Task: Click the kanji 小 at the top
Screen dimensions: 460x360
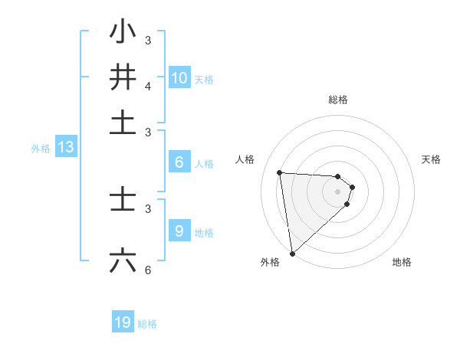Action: point(123,33)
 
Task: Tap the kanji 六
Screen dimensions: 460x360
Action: point(123,260)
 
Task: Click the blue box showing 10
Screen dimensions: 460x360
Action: point(179,78)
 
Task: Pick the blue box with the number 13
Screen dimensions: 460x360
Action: point(65,148)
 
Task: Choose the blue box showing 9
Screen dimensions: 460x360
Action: point(179,231)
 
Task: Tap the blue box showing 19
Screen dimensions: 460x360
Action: point(123,322)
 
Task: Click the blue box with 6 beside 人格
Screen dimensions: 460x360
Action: point(179,162)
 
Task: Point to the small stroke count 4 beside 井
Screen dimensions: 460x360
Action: point(149,87)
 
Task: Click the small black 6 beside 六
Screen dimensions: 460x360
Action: point(149,270)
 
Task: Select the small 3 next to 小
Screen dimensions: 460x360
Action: point(149,40)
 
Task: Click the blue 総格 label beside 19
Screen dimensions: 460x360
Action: point(147,324)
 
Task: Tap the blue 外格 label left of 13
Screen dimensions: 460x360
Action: point(41,149)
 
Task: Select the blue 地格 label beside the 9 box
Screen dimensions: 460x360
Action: point(204,233)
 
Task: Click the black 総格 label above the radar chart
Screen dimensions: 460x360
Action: point(338,100)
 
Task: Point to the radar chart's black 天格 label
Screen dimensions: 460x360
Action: point(432,159)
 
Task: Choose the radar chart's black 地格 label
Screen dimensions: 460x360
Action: point(402,262)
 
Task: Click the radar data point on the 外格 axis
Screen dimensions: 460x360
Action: point(292,253)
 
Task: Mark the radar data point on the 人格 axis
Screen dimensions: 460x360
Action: point(280,172)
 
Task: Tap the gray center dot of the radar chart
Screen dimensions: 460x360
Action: point(338,191)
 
